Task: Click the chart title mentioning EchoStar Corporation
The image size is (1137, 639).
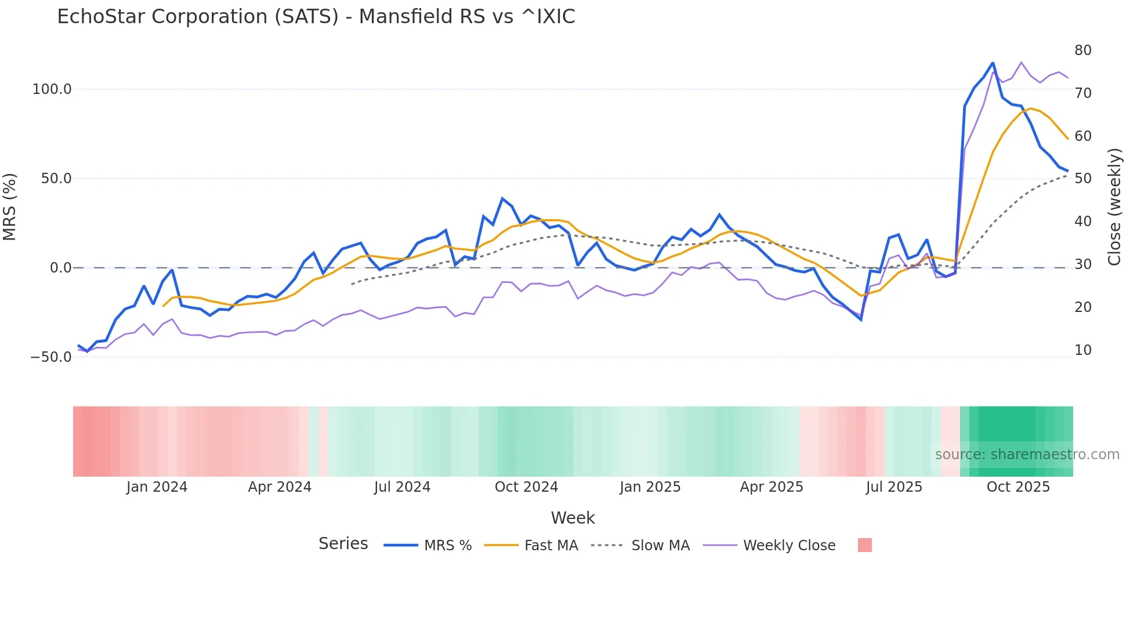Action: click(x=316, y=17)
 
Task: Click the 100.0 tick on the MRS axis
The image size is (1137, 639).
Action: click(x=52, y=89)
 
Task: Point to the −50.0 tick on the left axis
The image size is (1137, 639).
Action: click(x=50, y=357)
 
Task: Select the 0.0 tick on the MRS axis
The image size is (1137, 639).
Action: click(x=60, y=268)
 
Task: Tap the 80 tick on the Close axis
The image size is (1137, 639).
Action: click(x=1082, y=50)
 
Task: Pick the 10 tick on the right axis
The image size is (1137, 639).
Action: click(x=1082, y=350)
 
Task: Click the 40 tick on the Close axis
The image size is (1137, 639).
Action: click(x=1082, y=222)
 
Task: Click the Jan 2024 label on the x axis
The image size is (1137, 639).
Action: click(x=157, y=487)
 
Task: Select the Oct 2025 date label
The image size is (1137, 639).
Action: click(x=1018, y=487)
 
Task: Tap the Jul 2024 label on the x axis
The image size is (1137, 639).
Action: click(x=402, y=487)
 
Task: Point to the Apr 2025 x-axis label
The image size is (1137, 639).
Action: click(x=771, y=487)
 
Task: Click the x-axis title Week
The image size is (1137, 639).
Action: click(x=573, y=518)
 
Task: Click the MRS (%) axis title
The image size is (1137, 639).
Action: click(x=10, y=206)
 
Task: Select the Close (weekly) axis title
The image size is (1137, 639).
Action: click(x=1114, y=206)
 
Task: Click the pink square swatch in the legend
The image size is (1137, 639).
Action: click(x=864, y=546)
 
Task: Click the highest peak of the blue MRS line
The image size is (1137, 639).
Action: click(x=993, y=63)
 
